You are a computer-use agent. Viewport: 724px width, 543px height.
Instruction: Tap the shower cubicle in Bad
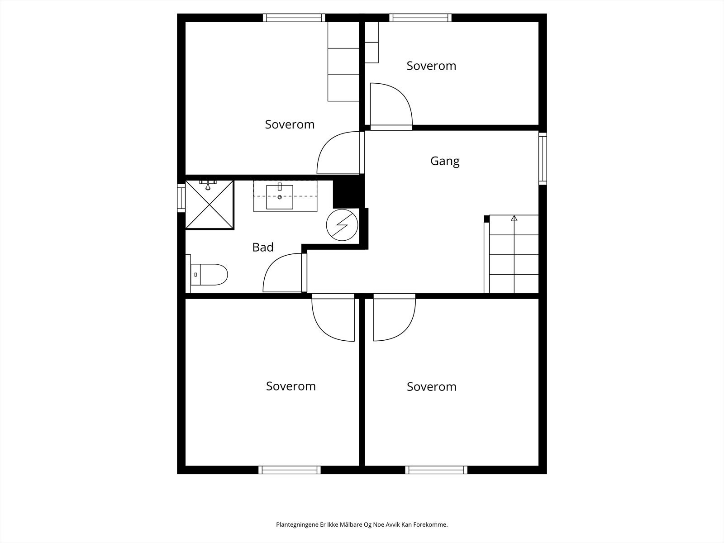pyautogui.click(x=210, y=205)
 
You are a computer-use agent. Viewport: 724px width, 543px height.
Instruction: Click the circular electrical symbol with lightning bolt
pyautogui.click(x=343, y=225)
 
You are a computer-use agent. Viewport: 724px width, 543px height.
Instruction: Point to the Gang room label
pyautogui.click(x=445, y=161)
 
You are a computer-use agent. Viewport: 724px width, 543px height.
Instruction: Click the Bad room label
pyautogui.click(x=263, y=247)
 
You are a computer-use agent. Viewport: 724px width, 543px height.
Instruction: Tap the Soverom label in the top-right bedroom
pyautogui.click(x=431, y=66)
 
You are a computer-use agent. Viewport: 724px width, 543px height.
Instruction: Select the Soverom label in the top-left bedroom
pyautogui.click(x=290, y=124)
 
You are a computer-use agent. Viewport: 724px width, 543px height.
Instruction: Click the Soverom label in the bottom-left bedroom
pyautogui.click(x=291, y=386)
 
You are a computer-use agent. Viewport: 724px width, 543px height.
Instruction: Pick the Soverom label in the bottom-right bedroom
pyautogui.click(x=431, y=386)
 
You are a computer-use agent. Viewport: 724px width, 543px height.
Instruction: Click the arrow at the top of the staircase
pyautogui.click(x=514, y=219)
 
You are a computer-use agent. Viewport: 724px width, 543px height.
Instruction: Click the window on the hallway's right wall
pyautogui.click(x=543, y=158)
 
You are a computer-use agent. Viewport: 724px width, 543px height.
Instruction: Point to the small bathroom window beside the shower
pyautogui.click(x=181, y=197)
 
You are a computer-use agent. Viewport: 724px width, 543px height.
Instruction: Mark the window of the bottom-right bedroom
pyautogui.click(x=436, y=470)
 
